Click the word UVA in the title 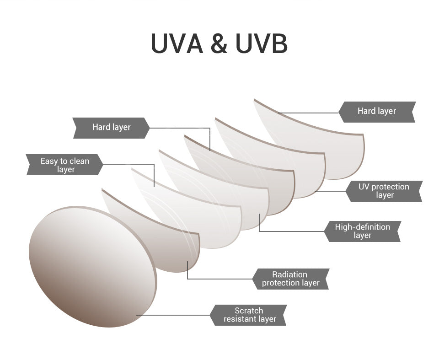pos(177,43)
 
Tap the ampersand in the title pos(219,44)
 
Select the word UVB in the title pos(262,43)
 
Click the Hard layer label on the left pos(111,128)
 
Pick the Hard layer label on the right pos(376,111)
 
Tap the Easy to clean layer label pos(65,165)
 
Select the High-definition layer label pos(362,231)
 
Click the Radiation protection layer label pos(290,279)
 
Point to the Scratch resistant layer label pos(249,315)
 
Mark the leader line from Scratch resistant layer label pos(174,315)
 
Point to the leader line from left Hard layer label pos(183,128)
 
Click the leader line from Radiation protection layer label pos(219,279)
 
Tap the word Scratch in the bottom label pos(249,311)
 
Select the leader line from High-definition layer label pos(293,231)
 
